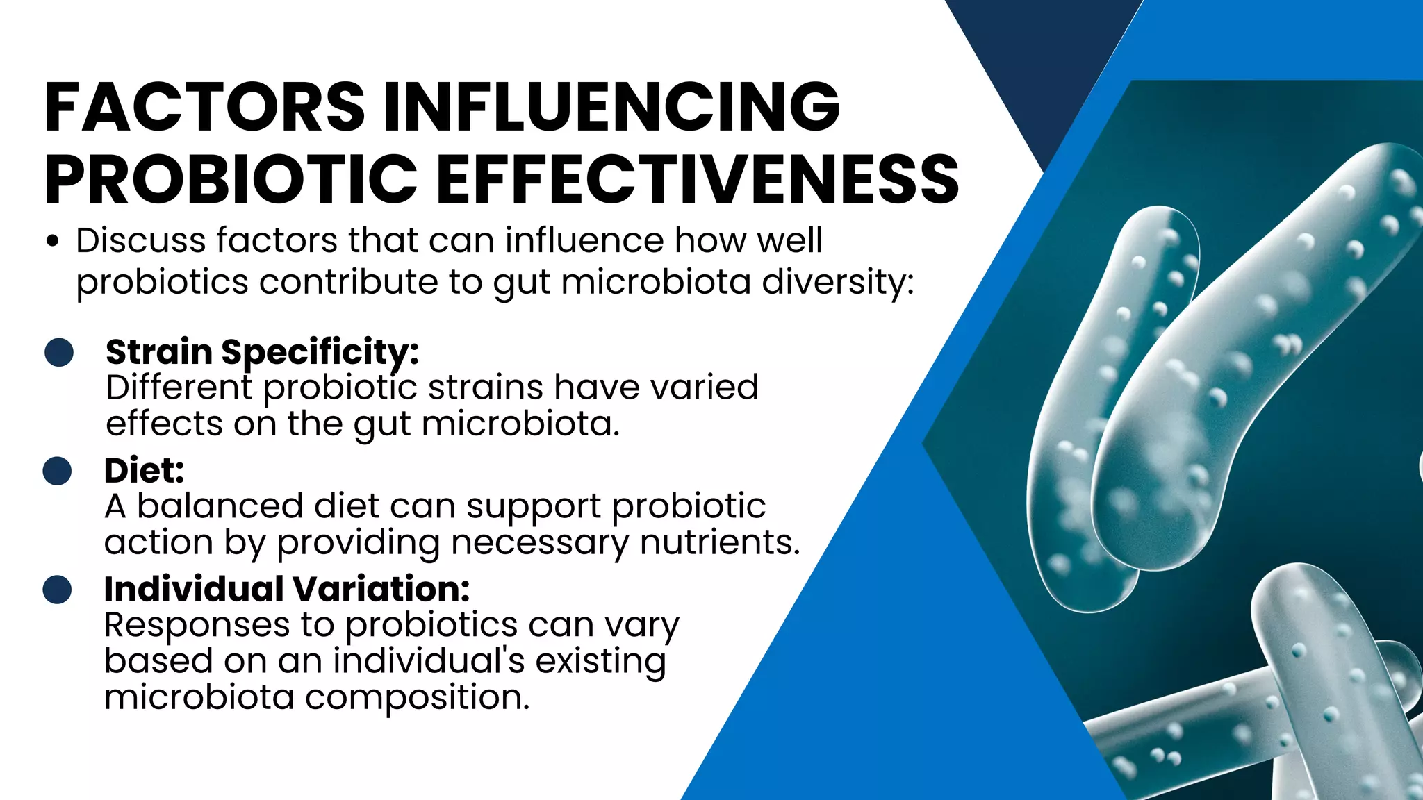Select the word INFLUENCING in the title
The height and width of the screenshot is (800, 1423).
[611, 107]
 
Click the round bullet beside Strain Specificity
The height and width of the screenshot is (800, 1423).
[59, 353]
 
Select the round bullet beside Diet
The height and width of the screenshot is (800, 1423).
[57, 471]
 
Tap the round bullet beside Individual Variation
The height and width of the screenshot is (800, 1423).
[57, 590]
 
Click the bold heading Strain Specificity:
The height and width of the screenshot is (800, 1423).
[262, 352]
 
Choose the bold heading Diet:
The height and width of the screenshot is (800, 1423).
[145, 471]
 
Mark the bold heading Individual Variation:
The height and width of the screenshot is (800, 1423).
[287, 590]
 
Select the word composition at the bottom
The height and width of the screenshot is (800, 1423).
[417, 697]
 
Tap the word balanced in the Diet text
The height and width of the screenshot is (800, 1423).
[220, 506]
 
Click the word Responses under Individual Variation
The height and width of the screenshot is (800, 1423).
[197, 625]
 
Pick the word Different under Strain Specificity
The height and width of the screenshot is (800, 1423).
[179, 387]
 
